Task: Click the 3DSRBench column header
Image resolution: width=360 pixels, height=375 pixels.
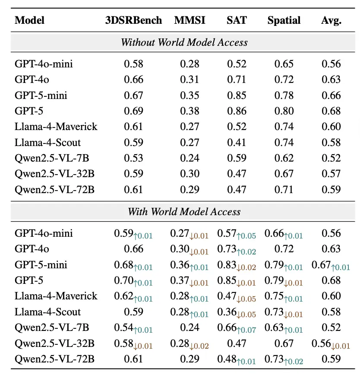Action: coord(133,20)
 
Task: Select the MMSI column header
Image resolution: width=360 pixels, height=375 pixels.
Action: coord(189,20)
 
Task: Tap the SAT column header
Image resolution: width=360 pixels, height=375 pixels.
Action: coord(237,20)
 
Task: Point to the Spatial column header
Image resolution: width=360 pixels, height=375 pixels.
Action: coord(284,21)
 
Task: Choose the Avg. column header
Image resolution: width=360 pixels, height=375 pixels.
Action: coord(332,21)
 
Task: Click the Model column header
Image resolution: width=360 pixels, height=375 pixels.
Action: coord(30,20)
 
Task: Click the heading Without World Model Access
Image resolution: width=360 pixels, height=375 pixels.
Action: coord(184,42)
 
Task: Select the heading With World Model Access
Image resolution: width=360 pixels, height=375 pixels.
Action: coord(184,212)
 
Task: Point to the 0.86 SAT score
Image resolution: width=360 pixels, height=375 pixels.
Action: coord(237,111)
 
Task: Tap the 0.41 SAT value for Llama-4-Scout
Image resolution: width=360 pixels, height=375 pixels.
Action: coord(237,143)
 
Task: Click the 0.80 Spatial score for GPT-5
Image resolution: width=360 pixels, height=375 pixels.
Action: coord(284,111)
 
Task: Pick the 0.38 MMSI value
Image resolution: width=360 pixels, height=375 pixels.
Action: coord(189,111)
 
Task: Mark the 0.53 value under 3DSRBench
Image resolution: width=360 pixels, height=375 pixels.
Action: coord(133,158)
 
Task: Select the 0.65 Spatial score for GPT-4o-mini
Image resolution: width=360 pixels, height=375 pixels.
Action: coord(284,64)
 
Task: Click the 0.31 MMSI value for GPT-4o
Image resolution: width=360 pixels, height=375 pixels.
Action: coord(189,79)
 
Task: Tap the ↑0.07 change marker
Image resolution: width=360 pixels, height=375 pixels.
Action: coord(246,330)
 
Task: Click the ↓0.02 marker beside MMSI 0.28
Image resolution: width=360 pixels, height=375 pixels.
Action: coord(199,346)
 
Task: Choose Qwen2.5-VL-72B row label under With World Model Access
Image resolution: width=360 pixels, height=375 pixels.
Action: coord(54,359)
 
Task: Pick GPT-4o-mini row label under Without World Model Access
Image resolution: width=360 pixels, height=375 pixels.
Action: coord(44,64)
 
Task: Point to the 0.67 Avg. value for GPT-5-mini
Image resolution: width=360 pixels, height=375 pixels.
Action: coord(321,265)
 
